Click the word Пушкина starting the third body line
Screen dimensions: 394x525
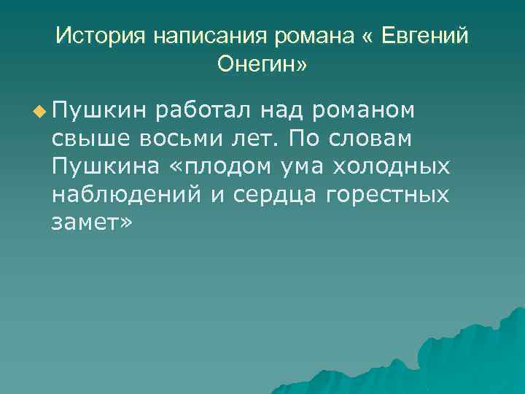101,167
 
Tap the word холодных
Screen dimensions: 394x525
392,167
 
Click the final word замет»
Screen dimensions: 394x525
93,223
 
